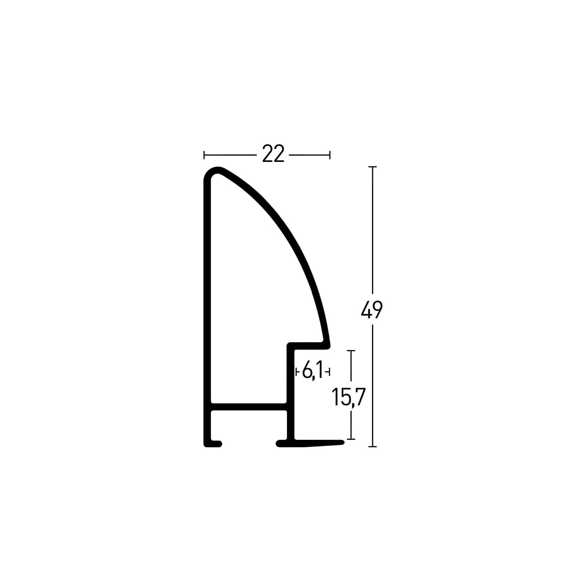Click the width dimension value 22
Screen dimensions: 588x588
(273, 154)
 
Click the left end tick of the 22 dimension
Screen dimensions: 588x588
(204, 155)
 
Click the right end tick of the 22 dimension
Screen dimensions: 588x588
(330, 155)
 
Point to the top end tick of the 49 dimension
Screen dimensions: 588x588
(372, 167)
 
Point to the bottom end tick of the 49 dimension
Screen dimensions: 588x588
(372, 446)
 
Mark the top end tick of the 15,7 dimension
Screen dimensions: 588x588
(351, 351)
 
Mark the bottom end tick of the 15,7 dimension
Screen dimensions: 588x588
(351, 439)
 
